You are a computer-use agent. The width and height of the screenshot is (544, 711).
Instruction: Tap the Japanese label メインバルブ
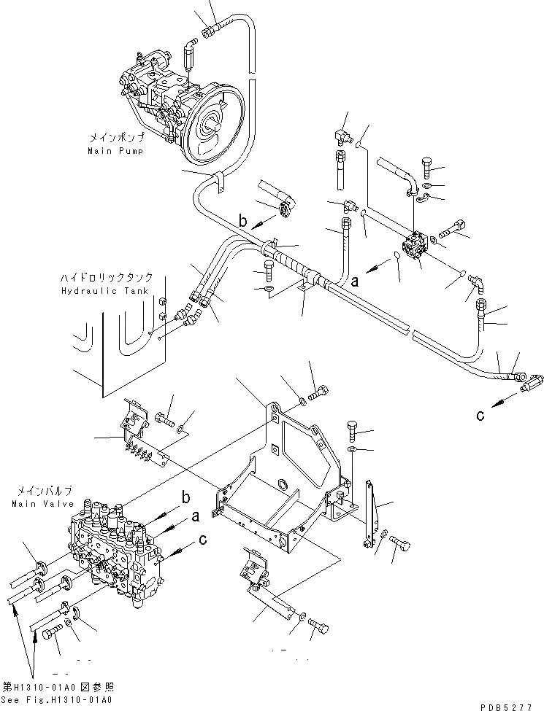34,492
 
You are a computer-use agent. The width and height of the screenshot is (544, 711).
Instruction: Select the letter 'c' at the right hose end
480,416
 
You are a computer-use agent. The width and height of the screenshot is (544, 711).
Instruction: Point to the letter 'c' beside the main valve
202,541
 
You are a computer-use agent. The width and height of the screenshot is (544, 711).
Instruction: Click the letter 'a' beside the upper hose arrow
355,279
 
